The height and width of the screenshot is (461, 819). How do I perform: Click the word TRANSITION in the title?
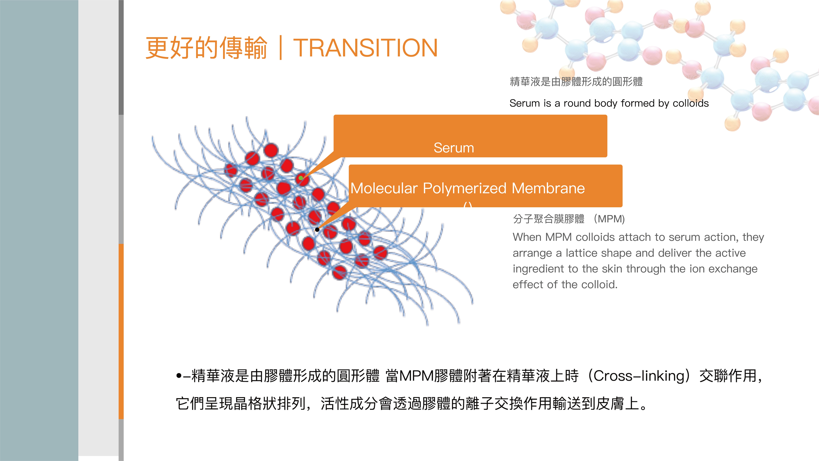point(365,48)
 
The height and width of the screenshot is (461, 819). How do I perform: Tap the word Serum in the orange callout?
point(454,148)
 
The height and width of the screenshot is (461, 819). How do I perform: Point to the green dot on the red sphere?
point(300,178)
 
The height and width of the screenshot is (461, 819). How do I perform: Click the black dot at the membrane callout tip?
point(317,229)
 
